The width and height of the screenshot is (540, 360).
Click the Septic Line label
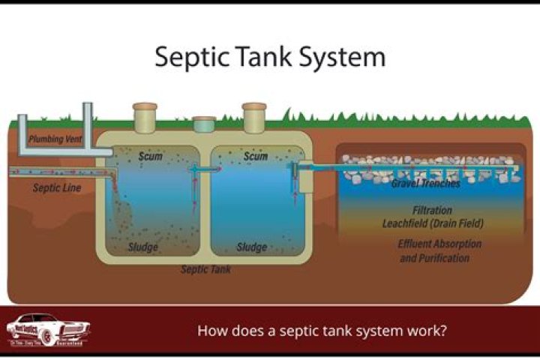(x=56, y=187)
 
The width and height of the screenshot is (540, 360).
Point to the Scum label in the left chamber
(x=151, y=157)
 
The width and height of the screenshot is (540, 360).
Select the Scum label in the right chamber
(x=256, y=157)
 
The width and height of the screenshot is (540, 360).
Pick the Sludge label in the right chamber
(x=252, y=247)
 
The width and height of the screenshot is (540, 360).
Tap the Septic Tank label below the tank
(x=205, y=268)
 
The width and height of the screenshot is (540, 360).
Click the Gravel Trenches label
(x=425, y=184)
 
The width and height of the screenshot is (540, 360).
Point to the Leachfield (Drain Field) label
(x=433, y=223)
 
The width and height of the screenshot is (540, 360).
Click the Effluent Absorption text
(x=439, y=244)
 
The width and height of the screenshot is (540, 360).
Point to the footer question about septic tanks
(x=322, y=330)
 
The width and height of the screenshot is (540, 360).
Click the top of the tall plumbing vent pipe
(x=88, y=107)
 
